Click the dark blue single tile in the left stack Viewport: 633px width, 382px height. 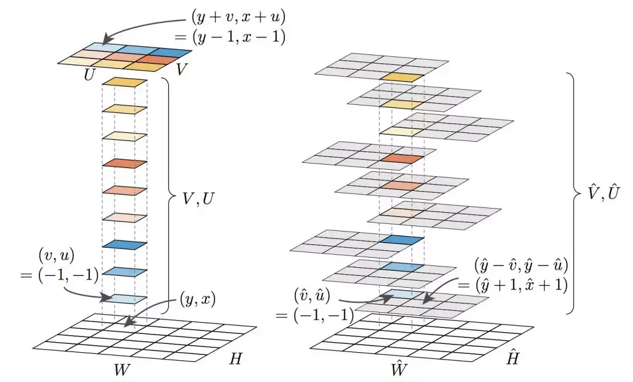[124, 244]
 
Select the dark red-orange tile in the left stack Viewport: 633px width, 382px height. [124, 163]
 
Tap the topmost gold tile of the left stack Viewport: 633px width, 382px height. [124, 82]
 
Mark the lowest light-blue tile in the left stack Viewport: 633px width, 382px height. [124, 298]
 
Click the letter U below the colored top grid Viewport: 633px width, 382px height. [90, 75]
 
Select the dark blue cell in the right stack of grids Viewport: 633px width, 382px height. [401, 240]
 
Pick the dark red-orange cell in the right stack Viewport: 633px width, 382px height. [401, 159]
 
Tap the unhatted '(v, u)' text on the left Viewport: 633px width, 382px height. [55, 255]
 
